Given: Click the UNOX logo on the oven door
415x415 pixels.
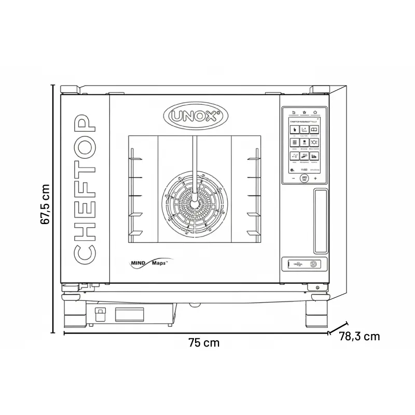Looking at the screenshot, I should click(196, 115).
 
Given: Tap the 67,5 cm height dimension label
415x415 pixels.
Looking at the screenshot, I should click(47, 204).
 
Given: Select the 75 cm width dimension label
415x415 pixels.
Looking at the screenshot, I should click(203, 343).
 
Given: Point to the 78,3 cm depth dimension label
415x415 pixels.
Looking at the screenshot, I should click(359, 336).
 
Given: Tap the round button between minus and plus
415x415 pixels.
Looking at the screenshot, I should click(305, 177).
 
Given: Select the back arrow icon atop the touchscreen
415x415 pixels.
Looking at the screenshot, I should click(293, 112).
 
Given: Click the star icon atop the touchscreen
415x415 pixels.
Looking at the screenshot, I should click(305, 112).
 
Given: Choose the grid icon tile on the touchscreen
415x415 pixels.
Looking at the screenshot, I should click(294, 142).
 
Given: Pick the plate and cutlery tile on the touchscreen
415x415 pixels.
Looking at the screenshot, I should click(315, 142).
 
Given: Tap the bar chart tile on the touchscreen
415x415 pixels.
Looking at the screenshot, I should click(315, 156).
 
